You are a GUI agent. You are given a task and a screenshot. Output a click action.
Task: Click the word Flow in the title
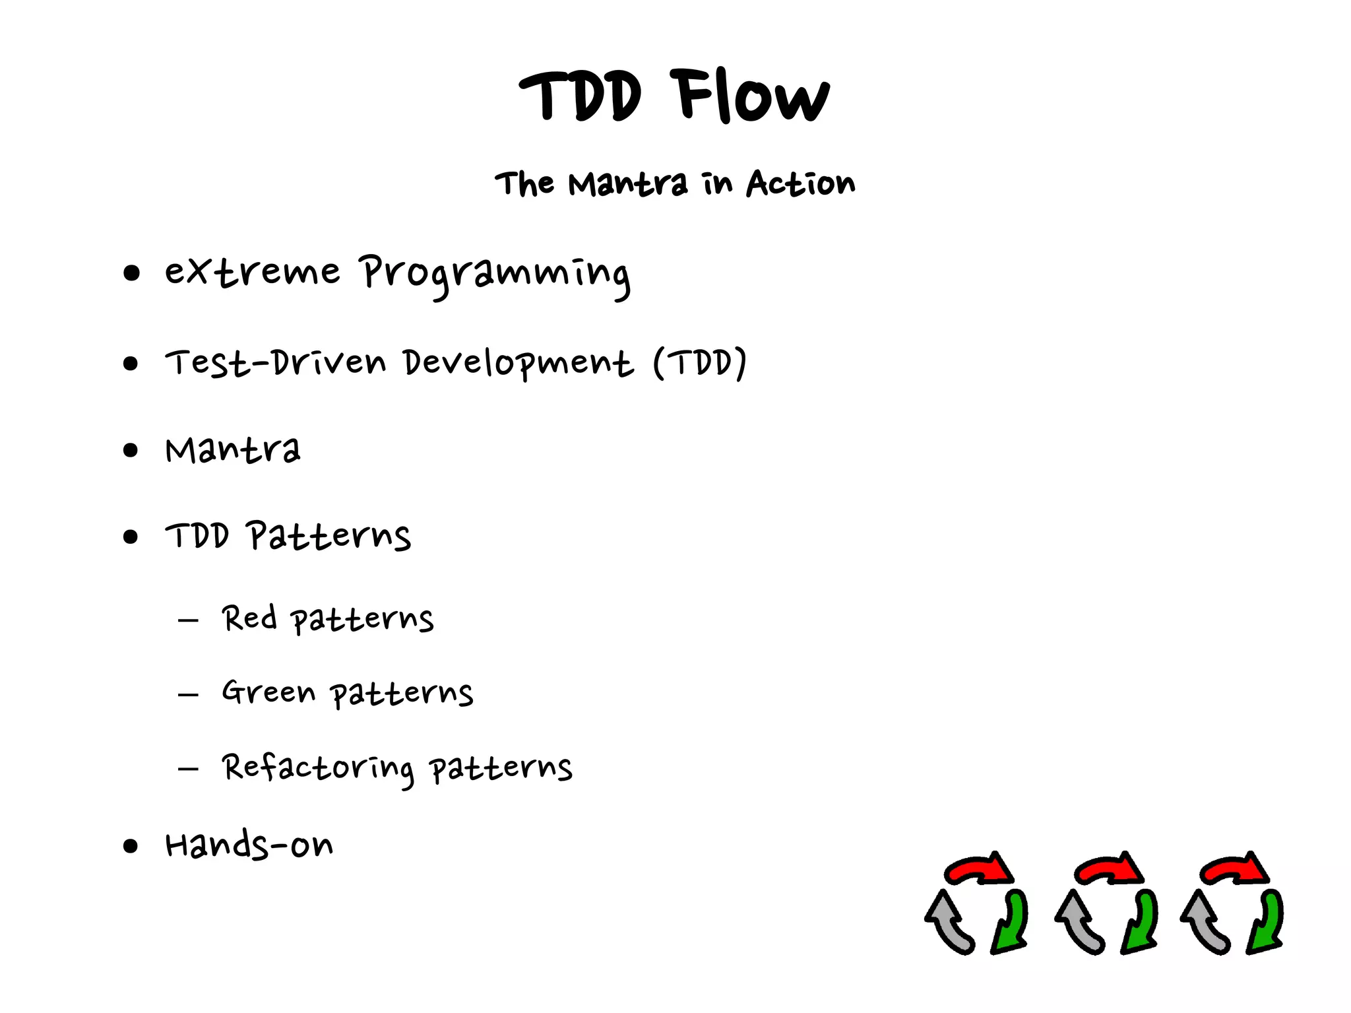pyautogui.click(x=751, y=97)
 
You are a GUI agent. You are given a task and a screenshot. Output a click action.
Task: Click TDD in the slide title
pyautogui.click(x=580, y=97)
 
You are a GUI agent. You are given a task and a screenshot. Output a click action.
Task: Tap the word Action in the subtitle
pyautogui.click(x=800, y=183)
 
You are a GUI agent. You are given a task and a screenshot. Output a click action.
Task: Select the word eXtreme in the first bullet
pyautogui.click(x=252, y=271)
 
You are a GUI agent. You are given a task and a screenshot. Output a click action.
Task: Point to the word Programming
pyautogui.click(x=495, y=275)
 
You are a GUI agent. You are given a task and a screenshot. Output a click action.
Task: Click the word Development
pyautogui.click(x=518, y=363)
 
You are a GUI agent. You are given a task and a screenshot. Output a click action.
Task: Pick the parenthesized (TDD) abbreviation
pyautogui.click(x=700, y=362)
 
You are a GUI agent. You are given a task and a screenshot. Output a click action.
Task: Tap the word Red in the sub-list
pyautogui.click(x=249, y=619)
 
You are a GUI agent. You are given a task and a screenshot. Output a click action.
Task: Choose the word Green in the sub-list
pyautogui.click(x=268, y=692)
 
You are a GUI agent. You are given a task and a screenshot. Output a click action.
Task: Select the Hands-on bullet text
pyautogui.click(x=249, y=845)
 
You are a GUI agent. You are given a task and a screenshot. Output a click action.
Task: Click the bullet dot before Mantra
pyautogui.click(x=131, y=451)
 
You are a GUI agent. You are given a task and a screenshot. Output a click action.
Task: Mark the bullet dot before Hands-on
pyautogui.click(x=131, y=846)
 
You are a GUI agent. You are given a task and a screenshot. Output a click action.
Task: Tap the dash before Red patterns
pyautogui.click(x=188, y=620)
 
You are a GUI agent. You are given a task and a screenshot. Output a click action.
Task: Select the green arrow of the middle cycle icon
pyautogui.click(x=1141, y=923)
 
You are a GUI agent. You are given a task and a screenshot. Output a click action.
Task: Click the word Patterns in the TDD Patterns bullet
pyautogui.click(x=329, y=536)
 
